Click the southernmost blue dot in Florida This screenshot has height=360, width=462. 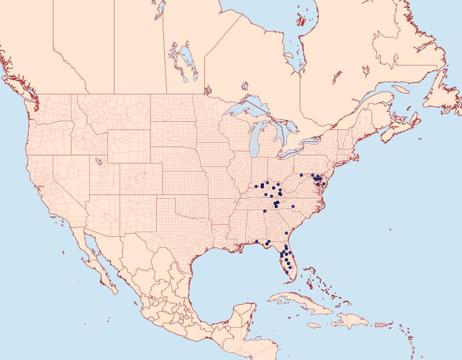(x=287, y=272)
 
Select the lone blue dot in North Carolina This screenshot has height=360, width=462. (x=293, y=206)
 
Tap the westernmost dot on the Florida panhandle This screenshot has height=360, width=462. (x=256, y=241)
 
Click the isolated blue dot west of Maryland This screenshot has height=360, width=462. (x=301, y=175)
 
